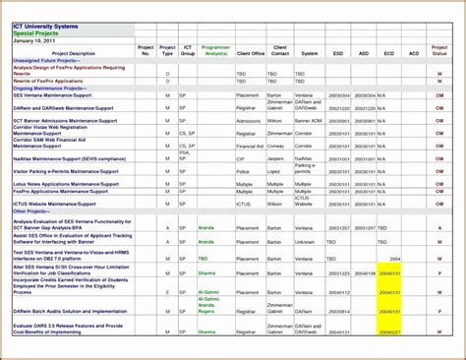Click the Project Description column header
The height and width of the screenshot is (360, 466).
coord(74,53)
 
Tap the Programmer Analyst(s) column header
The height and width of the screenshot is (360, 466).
coord(215,49)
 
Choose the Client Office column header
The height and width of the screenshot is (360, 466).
coord(251,53)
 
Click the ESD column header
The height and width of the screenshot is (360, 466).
coord(338,53)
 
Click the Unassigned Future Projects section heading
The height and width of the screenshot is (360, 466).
coord(48,60)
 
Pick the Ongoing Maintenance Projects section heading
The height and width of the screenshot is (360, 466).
coord(50,88)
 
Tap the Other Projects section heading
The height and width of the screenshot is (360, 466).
coord(34,211)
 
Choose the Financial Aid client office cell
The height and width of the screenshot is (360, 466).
coord(251,146)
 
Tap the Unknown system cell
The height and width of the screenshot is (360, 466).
coord(306,241)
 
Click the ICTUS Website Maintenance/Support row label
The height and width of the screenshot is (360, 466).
coord(54,205)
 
